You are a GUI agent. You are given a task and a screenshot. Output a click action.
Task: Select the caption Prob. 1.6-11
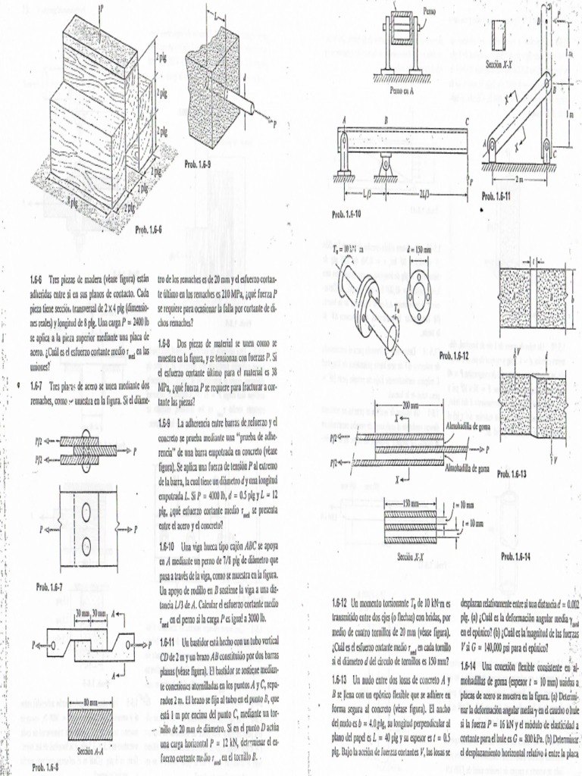point(501,196)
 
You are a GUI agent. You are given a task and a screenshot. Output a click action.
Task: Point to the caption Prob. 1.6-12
point(454,355)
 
